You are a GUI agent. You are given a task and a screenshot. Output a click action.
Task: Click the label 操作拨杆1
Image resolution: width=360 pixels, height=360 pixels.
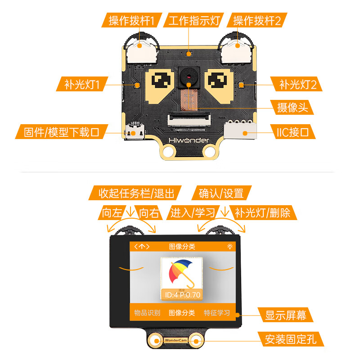131,20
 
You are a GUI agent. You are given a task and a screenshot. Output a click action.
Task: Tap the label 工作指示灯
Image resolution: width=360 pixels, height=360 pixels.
193,20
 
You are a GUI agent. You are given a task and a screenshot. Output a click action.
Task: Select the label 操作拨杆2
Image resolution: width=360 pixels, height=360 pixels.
257,20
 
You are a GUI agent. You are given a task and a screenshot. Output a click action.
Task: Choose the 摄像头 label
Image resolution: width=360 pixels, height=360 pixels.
295,108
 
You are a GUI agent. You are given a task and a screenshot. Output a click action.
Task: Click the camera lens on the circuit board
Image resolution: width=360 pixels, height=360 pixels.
188,77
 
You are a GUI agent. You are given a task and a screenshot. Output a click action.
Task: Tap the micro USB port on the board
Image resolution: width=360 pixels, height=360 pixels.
135,133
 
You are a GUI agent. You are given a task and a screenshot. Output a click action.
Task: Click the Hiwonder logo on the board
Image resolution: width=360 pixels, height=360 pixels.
188,140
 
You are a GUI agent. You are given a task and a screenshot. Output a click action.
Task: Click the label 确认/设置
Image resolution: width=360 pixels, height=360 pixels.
221,193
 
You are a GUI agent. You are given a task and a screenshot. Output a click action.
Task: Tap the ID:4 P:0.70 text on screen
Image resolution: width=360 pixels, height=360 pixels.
182,295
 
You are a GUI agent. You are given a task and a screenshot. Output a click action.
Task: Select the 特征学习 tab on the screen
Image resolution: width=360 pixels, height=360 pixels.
217,313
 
